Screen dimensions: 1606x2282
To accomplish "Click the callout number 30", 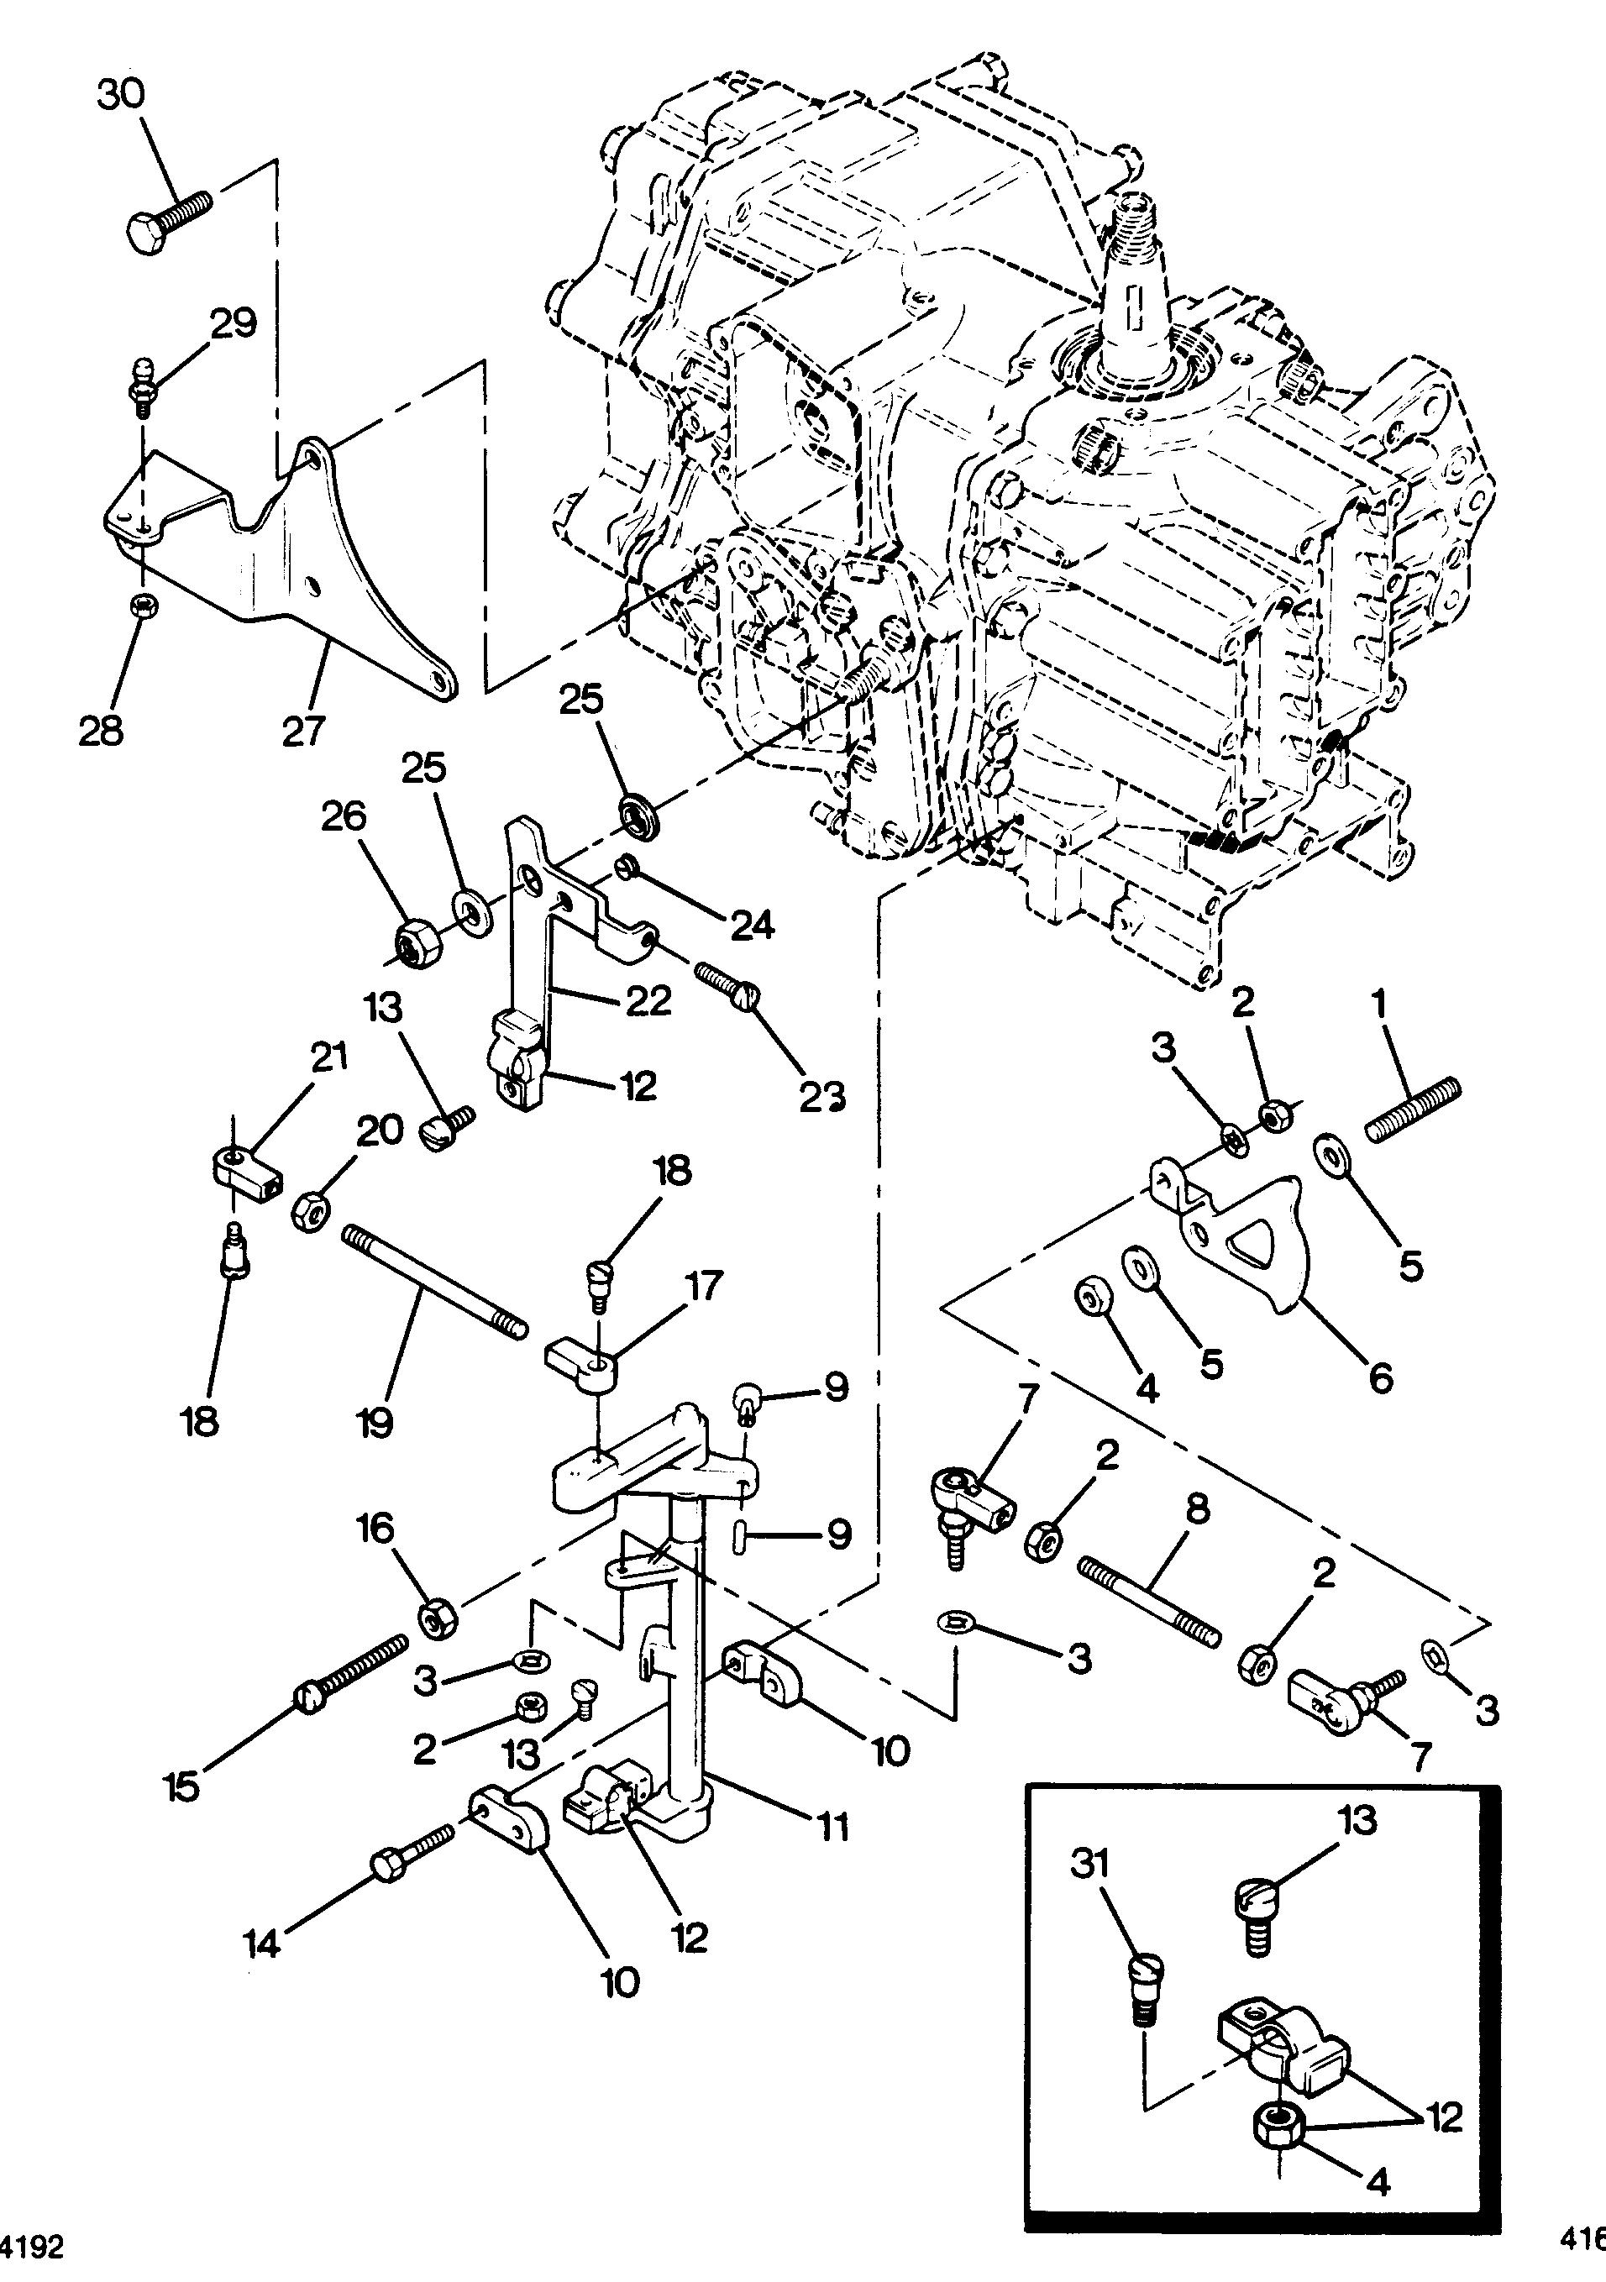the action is click(120, 96).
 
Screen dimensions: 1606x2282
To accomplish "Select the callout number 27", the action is click(304, 731).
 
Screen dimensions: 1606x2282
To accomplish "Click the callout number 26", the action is click(343, 817).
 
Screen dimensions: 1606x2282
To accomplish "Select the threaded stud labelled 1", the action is click(1412, 1110).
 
